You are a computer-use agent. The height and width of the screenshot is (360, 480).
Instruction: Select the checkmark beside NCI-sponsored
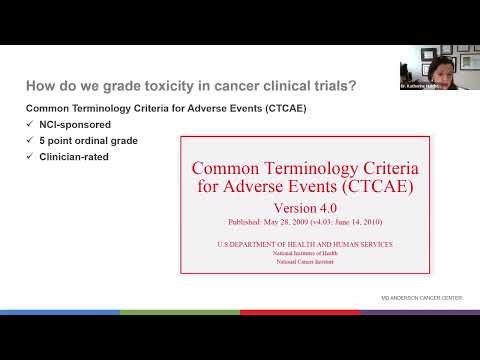pos(31,124)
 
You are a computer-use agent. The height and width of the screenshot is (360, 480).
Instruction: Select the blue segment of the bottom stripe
pos(60,312)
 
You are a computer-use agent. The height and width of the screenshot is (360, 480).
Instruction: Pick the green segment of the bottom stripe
pos(180,312)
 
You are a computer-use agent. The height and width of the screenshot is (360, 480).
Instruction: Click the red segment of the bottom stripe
pos(300,312)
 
